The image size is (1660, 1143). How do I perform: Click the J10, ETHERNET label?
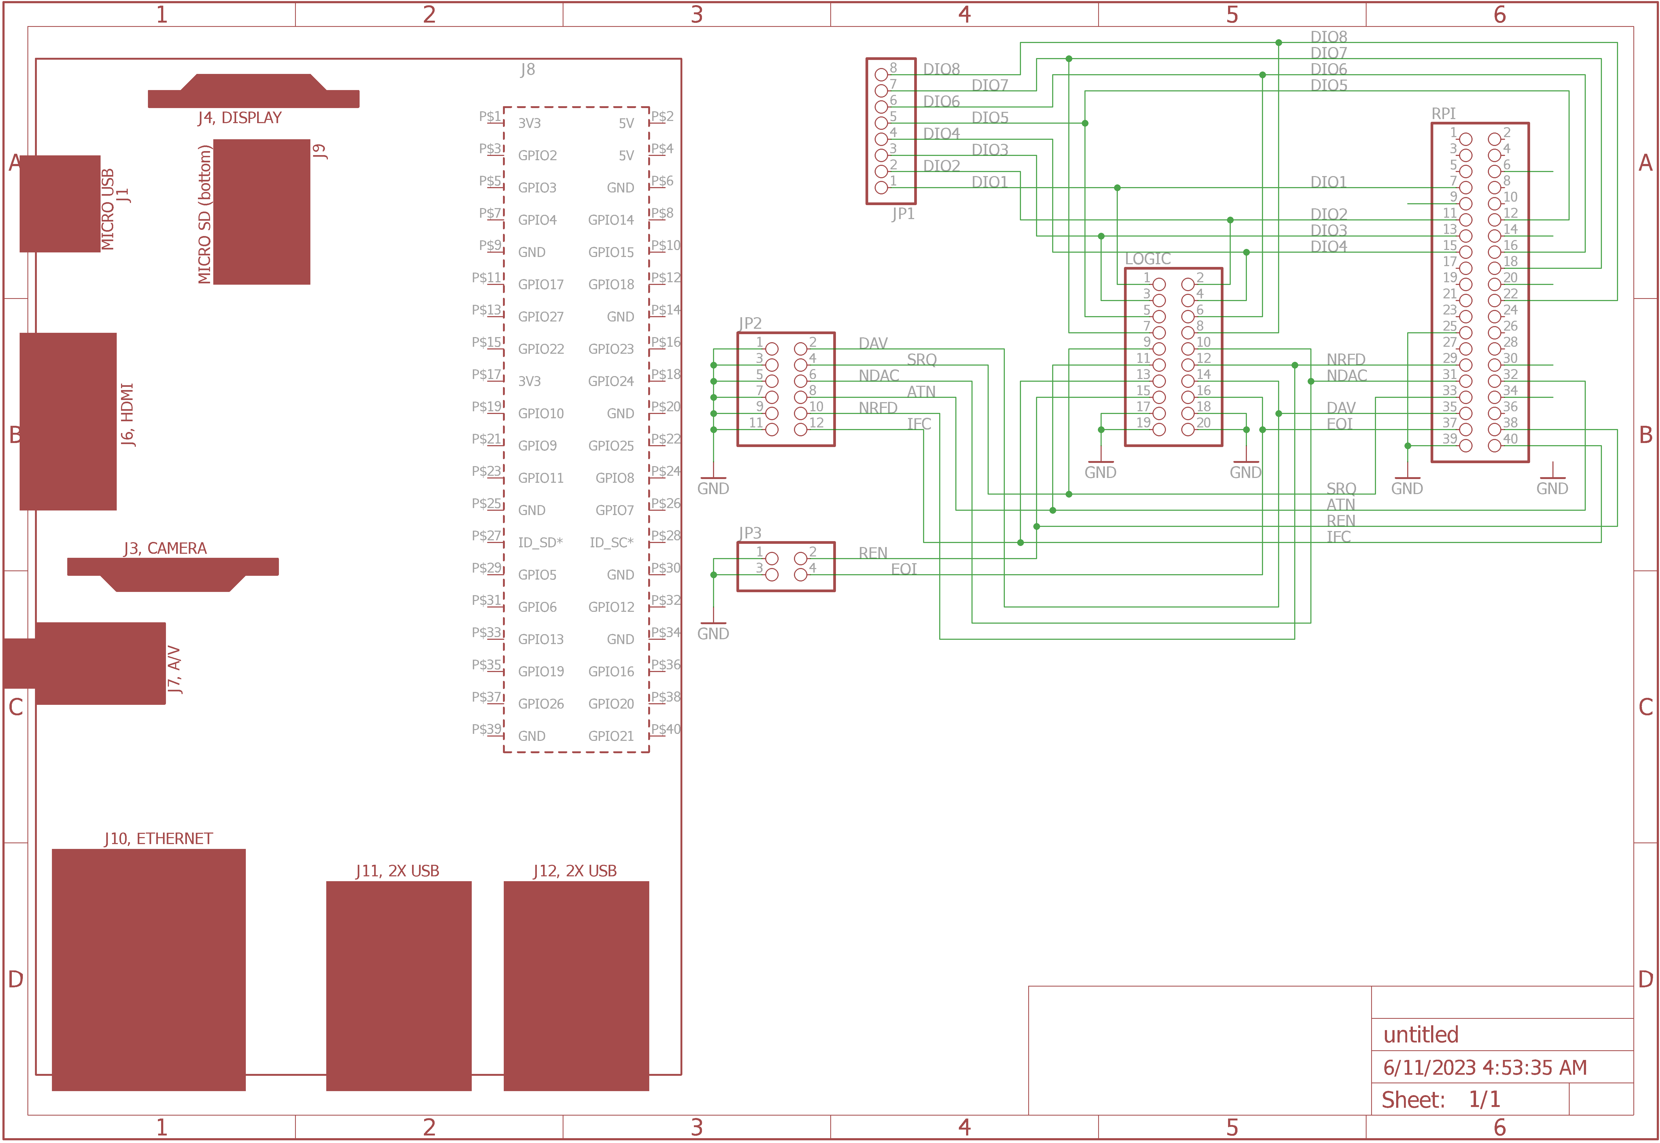pos(158,839)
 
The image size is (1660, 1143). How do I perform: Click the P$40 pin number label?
pos(666,729)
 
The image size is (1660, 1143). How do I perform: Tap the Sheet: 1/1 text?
pos(1440,1099)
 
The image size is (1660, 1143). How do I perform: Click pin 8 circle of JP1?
pos(881,74)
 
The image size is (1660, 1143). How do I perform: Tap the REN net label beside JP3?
pos(872,553)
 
